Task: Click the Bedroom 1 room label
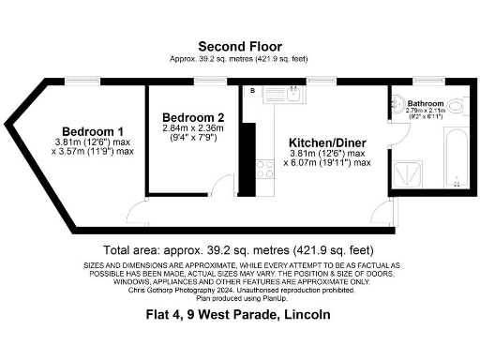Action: coord(94,130)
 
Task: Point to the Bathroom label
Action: coord(425,104)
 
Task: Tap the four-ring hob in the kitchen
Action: coord(265,169)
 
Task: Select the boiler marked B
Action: coord(252,91)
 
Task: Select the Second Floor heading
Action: coord(238,46)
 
